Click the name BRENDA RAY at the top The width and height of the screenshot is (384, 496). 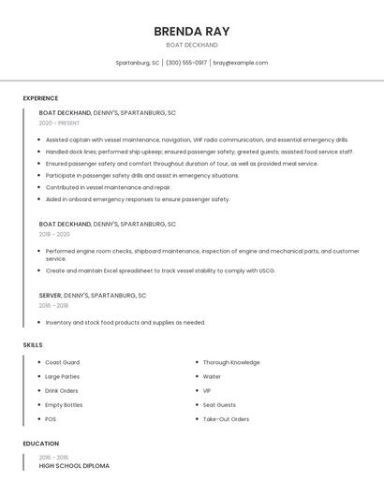tap(191, 31)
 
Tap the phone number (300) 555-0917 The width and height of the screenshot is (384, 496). tap(186, 63)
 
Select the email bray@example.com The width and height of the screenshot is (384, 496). tap(240, 63)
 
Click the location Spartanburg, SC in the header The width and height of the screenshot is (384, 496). tap(137, 63)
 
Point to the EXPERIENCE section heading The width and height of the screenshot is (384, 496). tap(40, 98)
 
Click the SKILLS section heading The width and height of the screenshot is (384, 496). tap(33, 345)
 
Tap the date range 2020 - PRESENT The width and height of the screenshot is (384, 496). tap(59, 123)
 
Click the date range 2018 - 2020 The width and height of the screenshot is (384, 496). tap(54, 234)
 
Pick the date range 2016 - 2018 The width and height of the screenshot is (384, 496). tap(53, 305)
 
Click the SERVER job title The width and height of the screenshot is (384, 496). tap(50, 295)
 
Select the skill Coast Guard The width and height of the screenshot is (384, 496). tap(62, 362)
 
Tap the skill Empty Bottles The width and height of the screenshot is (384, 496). tap(64, 405)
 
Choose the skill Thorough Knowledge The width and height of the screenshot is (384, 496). tap(230, 362)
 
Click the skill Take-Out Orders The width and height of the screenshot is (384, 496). tap(226, 419)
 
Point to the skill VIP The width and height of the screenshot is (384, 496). tap(207, 391)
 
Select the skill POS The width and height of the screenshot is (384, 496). tap(51, 419)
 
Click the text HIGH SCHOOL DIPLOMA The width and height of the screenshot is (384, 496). tap(74, 465)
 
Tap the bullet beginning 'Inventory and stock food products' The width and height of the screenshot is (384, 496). tap(125, 323)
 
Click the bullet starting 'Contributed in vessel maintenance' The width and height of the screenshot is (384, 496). tap(108, 187)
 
